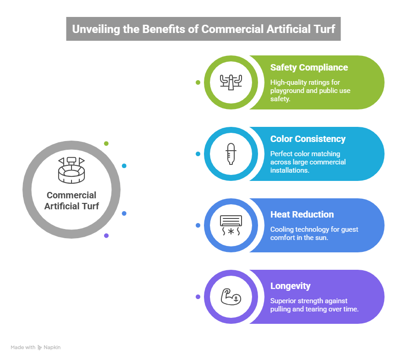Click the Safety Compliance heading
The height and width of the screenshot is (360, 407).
click(x=309, y=68)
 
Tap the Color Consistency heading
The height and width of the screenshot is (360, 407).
click(x=308, y=139)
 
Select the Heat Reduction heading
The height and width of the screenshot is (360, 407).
click(x=302, y=214)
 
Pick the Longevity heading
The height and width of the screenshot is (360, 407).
click(x=291, y=286)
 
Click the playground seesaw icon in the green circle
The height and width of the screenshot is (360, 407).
click(x=231, y=82)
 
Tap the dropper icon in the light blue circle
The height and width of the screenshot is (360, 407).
click(x=231, y=154)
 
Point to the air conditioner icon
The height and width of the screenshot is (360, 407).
click(x=231, y=225)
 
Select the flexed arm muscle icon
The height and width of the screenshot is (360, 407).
click(x=231, y=297)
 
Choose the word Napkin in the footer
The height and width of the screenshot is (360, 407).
click(x=52, y=348)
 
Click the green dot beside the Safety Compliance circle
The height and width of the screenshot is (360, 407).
click(x=198, y=82)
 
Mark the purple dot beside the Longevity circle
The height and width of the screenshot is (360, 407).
click(x=198, y=297)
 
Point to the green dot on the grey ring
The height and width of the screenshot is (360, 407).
click(x=106, y=143)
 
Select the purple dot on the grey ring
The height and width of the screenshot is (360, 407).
click(x=106, y=235)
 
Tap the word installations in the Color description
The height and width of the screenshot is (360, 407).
click(x=290, y=170)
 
